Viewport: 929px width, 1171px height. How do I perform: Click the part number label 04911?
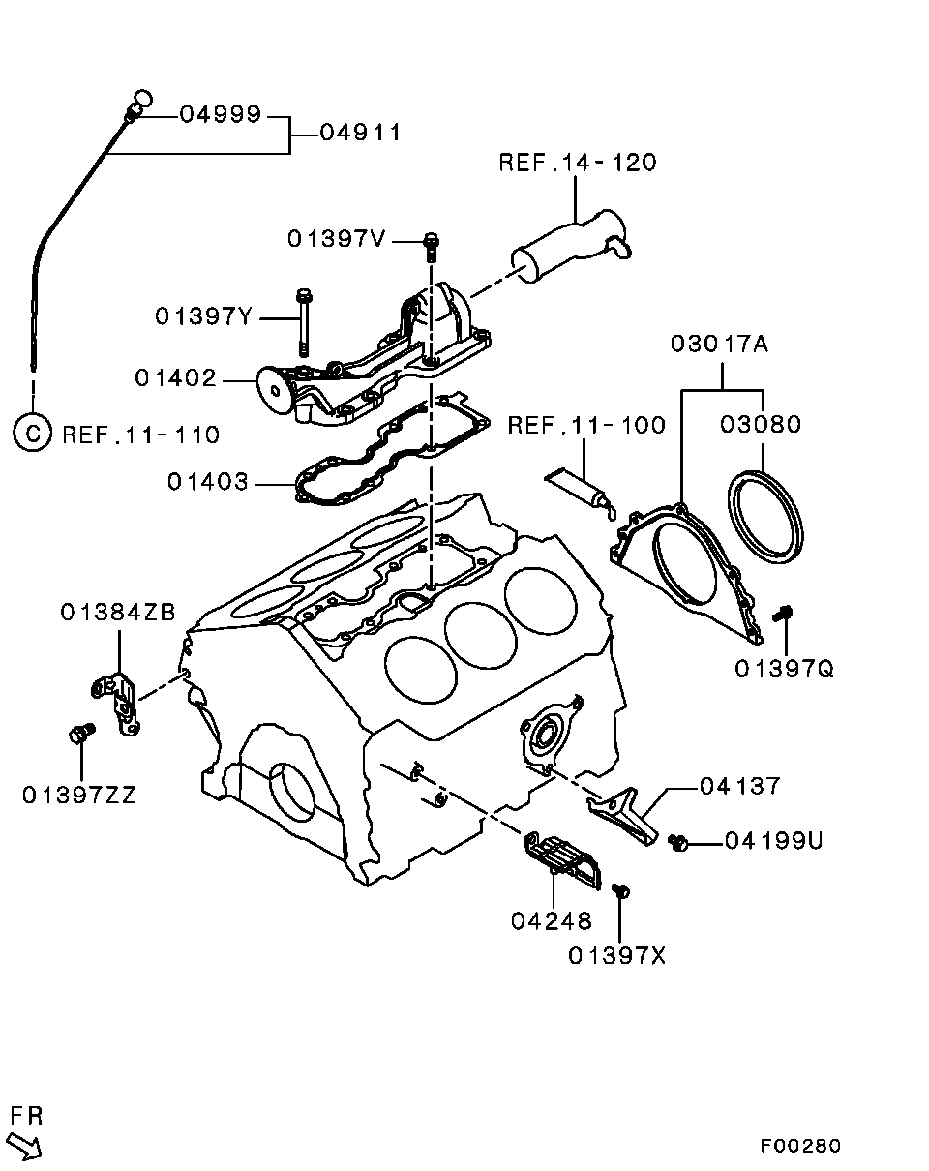click(359, 133)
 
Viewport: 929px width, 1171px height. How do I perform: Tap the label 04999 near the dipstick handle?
click(221, 114)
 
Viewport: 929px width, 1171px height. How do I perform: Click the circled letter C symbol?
click(32, 433)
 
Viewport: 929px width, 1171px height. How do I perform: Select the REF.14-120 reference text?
click(577, 162)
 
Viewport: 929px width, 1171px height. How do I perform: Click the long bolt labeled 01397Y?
click(304, 319)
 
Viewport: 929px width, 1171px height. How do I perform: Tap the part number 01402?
click(175, 379)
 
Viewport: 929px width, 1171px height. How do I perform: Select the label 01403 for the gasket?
click(207, 481)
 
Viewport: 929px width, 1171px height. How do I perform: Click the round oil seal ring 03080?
click(765, 515)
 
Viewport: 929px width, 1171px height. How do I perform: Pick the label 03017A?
click(720, 344)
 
